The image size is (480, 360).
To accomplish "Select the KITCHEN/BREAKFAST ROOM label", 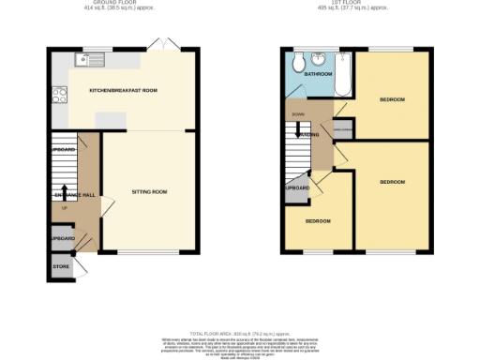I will pos(123,90).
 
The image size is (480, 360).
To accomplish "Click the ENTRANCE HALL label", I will pos(72,195).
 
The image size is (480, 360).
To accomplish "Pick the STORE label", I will pos(60,265).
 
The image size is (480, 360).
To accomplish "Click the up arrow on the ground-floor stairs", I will pos(62,194).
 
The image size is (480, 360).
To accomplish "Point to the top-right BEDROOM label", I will pos(392,98).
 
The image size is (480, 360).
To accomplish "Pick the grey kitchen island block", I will pos(112,119).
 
